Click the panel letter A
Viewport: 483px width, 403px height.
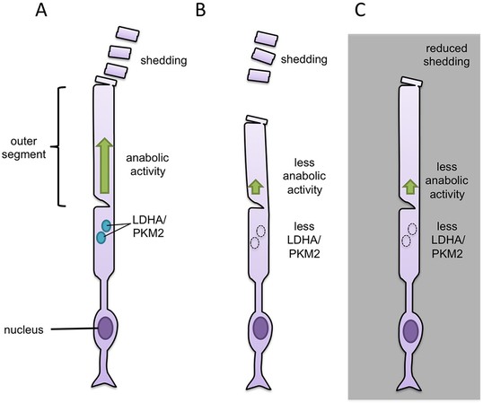41,10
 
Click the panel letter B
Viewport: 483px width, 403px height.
200,10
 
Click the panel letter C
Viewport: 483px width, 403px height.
360,10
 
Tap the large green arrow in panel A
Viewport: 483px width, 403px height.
104,165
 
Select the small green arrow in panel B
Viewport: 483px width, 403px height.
256,187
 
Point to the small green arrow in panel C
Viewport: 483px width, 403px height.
410,187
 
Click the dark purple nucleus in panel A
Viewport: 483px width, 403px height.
105,329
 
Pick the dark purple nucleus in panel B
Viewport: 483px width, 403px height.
261,329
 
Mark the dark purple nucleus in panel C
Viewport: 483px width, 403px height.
411,331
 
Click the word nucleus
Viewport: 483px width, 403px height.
23,330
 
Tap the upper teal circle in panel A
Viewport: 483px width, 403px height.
106,226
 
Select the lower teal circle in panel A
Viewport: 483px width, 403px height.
101,238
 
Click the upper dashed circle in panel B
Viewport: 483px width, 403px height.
261,231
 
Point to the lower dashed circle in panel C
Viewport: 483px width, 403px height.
407,241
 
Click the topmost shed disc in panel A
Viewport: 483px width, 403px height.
127,34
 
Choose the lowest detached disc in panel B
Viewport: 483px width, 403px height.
259,75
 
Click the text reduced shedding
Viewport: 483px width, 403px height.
446,55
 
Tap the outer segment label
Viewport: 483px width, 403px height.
23,148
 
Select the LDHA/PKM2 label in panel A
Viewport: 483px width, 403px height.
149,226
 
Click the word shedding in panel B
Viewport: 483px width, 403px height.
303,59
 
